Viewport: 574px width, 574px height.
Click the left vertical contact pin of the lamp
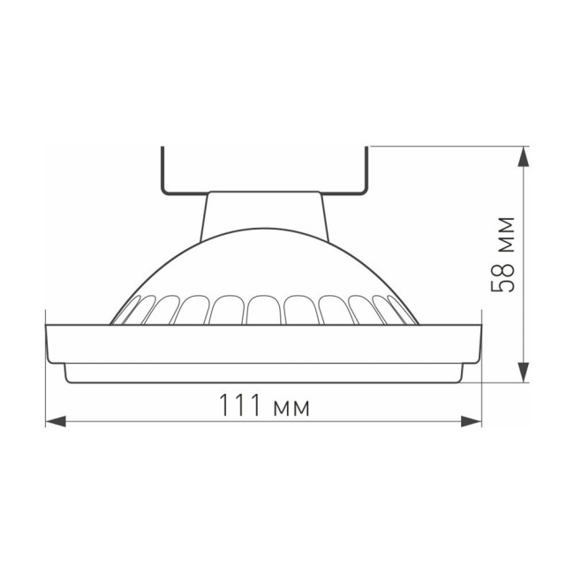[x=162, y=168]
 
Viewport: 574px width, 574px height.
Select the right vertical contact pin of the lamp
[x=367, y=168]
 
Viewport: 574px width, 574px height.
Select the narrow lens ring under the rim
[x=264, y=374]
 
